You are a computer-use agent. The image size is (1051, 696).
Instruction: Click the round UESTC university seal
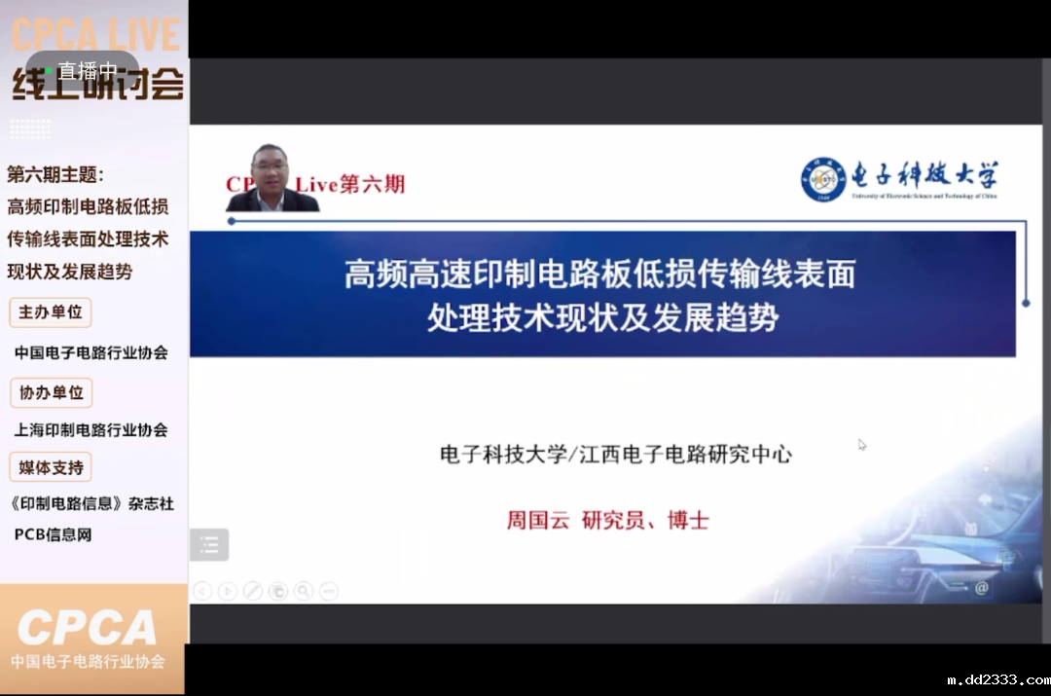click(x=823, y=180)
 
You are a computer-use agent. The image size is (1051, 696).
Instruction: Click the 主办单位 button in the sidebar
click(x=51, y=312)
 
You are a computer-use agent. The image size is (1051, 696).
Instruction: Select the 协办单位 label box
click(x=51, y=392)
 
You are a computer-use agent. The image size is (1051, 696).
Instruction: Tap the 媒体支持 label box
click(x=51, y=467)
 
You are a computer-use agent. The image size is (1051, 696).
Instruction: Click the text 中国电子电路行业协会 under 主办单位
click(x=91, y=352)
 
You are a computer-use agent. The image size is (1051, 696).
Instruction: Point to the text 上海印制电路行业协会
click(x=91, y=429)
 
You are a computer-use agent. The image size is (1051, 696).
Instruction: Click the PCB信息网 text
click(x=53, y=534)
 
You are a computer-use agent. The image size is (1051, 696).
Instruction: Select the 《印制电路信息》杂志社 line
click(x=91, y=503)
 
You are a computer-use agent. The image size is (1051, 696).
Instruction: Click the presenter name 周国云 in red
click(x=536, y=520)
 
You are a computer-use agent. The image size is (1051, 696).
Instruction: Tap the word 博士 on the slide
click(x=688, y=520)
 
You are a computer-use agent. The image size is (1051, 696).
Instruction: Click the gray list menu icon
click(x=209, y=545)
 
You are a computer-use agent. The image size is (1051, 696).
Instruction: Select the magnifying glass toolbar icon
click(x=304, y=590)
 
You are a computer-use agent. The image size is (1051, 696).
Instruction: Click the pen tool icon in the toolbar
click(x=253, y=590)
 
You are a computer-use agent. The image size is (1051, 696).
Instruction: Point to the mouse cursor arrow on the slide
click(x=862, y=445)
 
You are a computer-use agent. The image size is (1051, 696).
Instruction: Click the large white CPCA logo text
click(x=88, y=629)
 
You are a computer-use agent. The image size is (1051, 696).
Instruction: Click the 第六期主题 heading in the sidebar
click(x=54, y=175)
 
